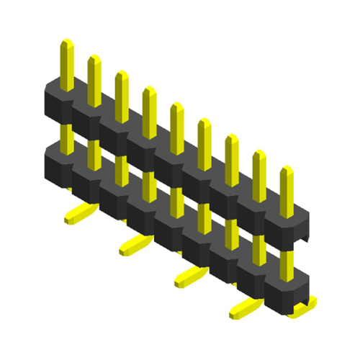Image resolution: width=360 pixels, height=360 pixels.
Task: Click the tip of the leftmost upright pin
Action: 66,45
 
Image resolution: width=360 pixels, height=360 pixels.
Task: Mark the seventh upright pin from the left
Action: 232,154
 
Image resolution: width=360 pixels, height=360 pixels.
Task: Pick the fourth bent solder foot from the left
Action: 245,307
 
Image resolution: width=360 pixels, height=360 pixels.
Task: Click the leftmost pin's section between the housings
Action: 66,133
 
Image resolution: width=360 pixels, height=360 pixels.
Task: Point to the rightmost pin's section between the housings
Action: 287,259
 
